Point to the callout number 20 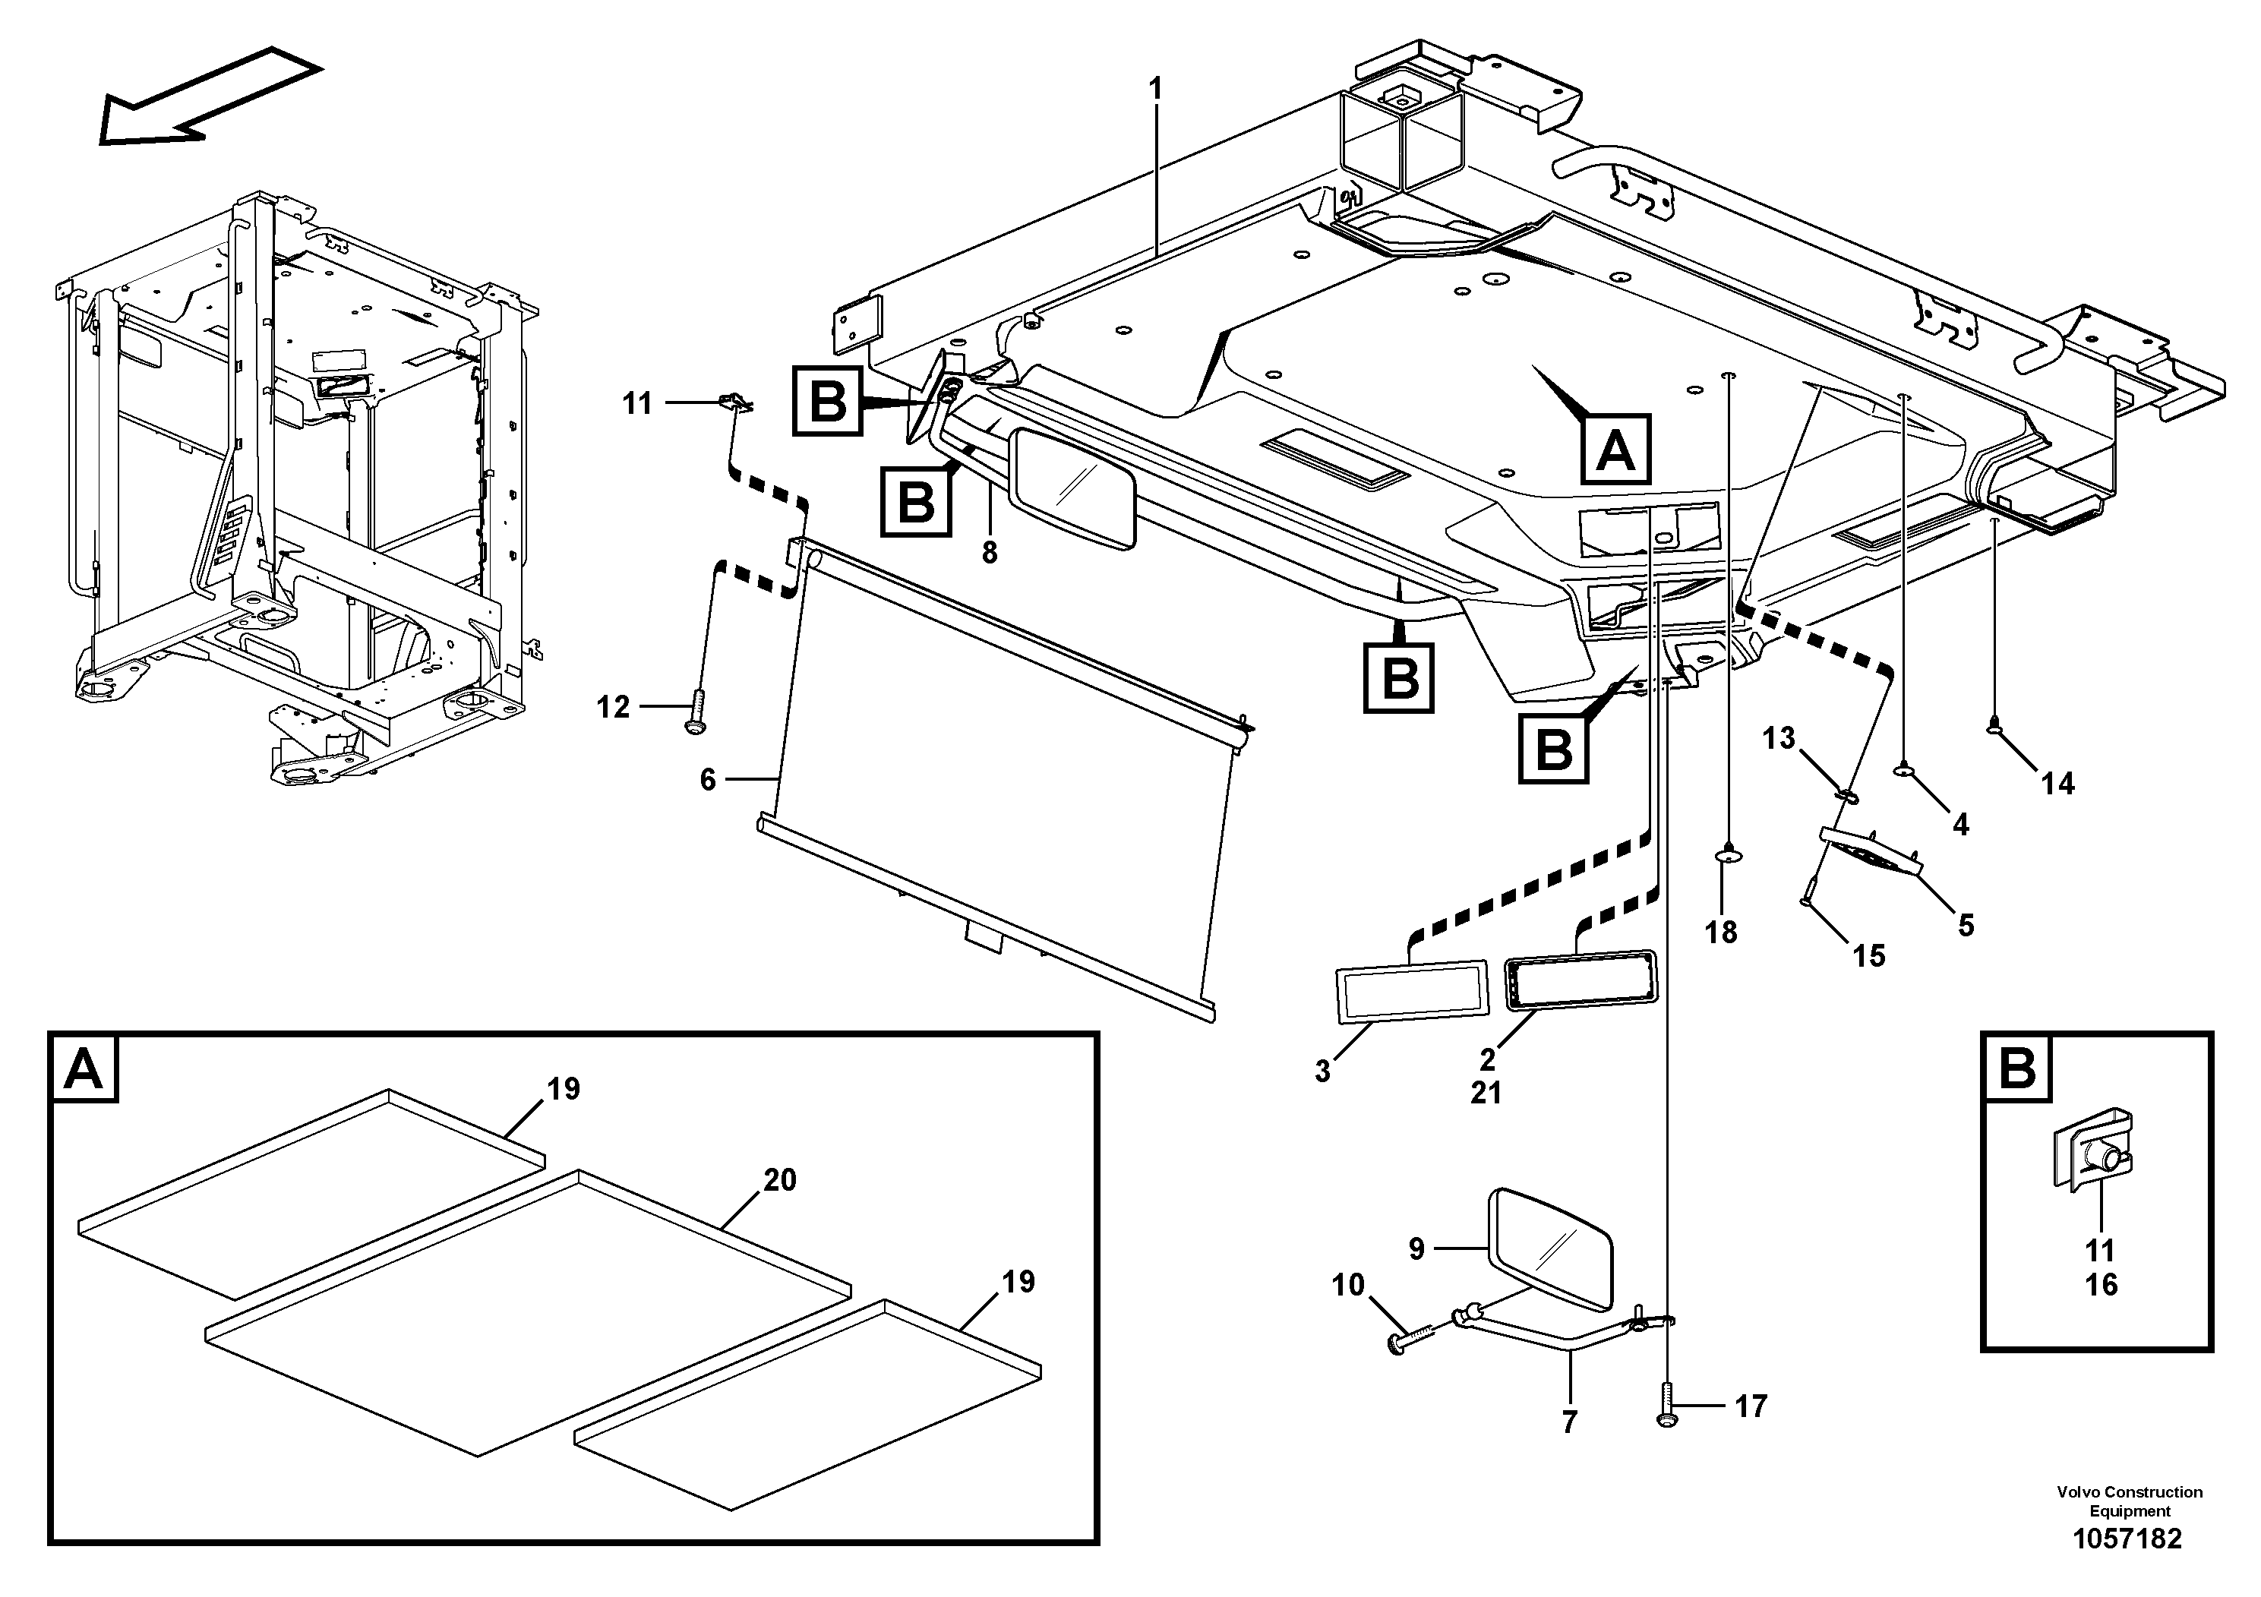[x=779, y=1179]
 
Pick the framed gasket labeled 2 [x=1580, y=980]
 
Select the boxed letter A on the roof [x=1615, y=450]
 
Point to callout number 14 [x=2057, y=784]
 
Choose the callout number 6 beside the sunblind [x=708, y=780]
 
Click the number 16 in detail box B [x=2102, y=1285]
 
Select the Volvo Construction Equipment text [x=2129, y=1501]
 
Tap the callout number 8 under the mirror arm [x=990, y=554]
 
